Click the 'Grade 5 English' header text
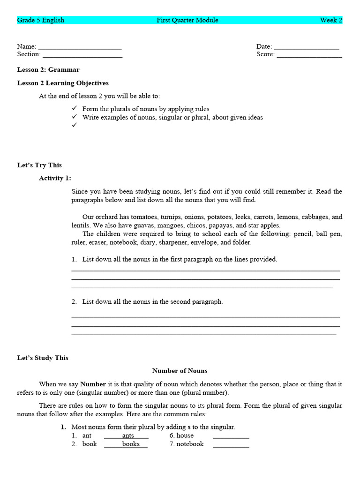pos(41,20)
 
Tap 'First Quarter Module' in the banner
pos(187,20)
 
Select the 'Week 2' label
pos(331,20)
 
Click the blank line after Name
pos(80,48)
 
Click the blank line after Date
pos(306,48)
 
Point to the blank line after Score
pos(309,55)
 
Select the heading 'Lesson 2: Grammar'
pos(48,70)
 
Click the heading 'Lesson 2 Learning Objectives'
pos(63,83)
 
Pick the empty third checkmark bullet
pos(74,126)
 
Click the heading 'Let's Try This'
pos(39,165)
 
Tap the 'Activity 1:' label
pos(55,178)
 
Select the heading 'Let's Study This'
pos(43,358)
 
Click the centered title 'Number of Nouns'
pos(180,371)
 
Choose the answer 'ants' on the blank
pos(127,436)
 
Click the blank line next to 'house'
pos(231,437)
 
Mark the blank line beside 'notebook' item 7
pos(231,445)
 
